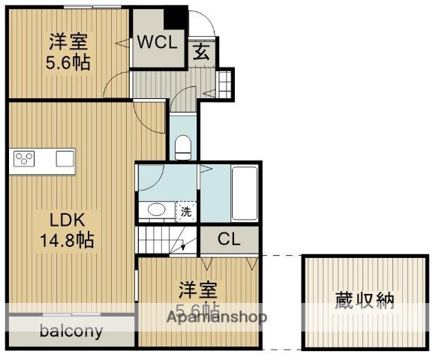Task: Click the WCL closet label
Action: coord(158,43)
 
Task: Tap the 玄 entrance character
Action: coord(201,51)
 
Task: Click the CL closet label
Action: coord(229,239)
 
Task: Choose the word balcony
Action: coord(71,331)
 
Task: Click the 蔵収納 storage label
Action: coord(364,301)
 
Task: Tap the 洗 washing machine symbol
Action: coord(185,211)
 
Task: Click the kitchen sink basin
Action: coord(65,158)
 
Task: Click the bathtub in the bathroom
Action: coord(244,192)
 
